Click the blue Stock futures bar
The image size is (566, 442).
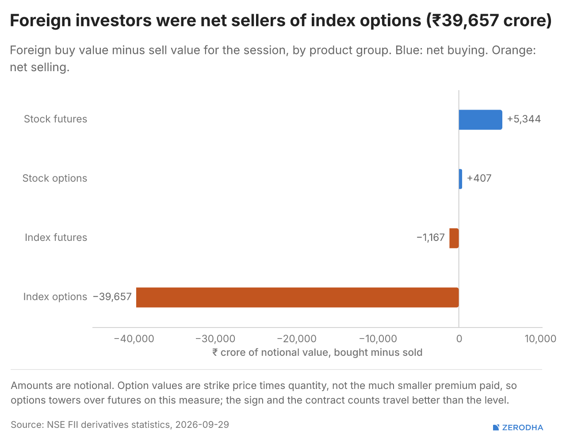pos(480,120)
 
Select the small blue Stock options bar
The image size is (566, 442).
pos(460,179)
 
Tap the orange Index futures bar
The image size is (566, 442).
pos(454,238)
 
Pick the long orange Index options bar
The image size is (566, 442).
pos(298,297)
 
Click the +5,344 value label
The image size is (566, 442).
pos(524,119)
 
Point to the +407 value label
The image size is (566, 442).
pos(479,178)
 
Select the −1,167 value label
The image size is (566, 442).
pos(431,238)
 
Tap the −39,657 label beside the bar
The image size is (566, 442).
pos(112,297)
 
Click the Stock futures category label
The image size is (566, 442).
pos(55,119)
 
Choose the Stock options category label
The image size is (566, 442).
pos(55,179)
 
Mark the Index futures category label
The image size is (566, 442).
pos(56,238)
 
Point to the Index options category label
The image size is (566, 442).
pos(55,297)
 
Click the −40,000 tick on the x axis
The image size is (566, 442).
pos(134,339)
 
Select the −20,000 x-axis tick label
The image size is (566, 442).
pos(297,339)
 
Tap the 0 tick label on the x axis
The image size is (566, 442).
pos(459,339)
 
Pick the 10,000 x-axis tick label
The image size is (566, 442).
pos(540,339)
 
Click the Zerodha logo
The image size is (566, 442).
pos(518,428)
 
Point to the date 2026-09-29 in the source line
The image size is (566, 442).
pos(202,425)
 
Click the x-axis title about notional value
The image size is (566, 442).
pos(317,352)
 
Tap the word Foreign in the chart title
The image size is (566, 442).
pos(40,21)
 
